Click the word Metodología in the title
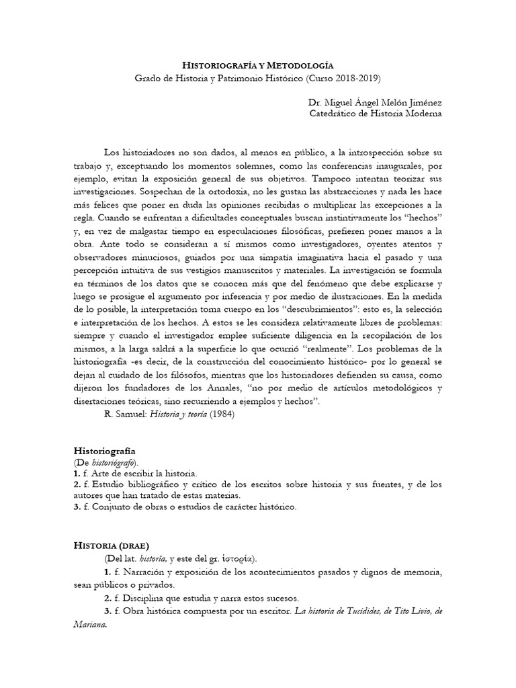(300, 65)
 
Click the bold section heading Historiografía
(104, 451)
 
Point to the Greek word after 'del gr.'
(231, 558)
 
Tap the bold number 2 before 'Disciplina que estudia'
(107, 598)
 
